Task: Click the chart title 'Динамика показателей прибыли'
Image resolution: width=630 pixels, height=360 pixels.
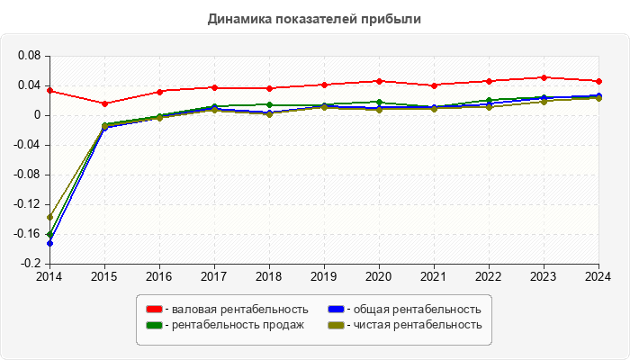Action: pos(314,18)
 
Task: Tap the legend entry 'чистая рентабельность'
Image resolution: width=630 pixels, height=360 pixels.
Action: pos(411,325)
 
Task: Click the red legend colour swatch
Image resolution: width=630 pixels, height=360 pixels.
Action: pos(153,310)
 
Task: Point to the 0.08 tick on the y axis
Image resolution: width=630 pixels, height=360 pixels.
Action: pos(30,56)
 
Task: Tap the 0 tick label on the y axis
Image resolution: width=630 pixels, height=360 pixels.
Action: pos(38,115)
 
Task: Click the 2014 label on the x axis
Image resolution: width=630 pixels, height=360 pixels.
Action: pos(49,276)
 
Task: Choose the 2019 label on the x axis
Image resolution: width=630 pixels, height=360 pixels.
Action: pos(324,276)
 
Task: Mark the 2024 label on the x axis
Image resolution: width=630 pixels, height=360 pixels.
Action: pos(598,276)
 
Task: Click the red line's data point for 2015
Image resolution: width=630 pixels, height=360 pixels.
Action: pos(104,103)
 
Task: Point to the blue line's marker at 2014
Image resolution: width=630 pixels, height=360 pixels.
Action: pos(49,243)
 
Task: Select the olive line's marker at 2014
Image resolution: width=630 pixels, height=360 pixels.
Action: pos(49,217)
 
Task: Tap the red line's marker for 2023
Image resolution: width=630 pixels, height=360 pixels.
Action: pos(544,77)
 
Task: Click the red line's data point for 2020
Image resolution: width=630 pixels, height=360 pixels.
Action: pos(379,81)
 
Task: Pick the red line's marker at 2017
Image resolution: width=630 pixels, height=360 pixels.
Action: pos(214,87)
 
